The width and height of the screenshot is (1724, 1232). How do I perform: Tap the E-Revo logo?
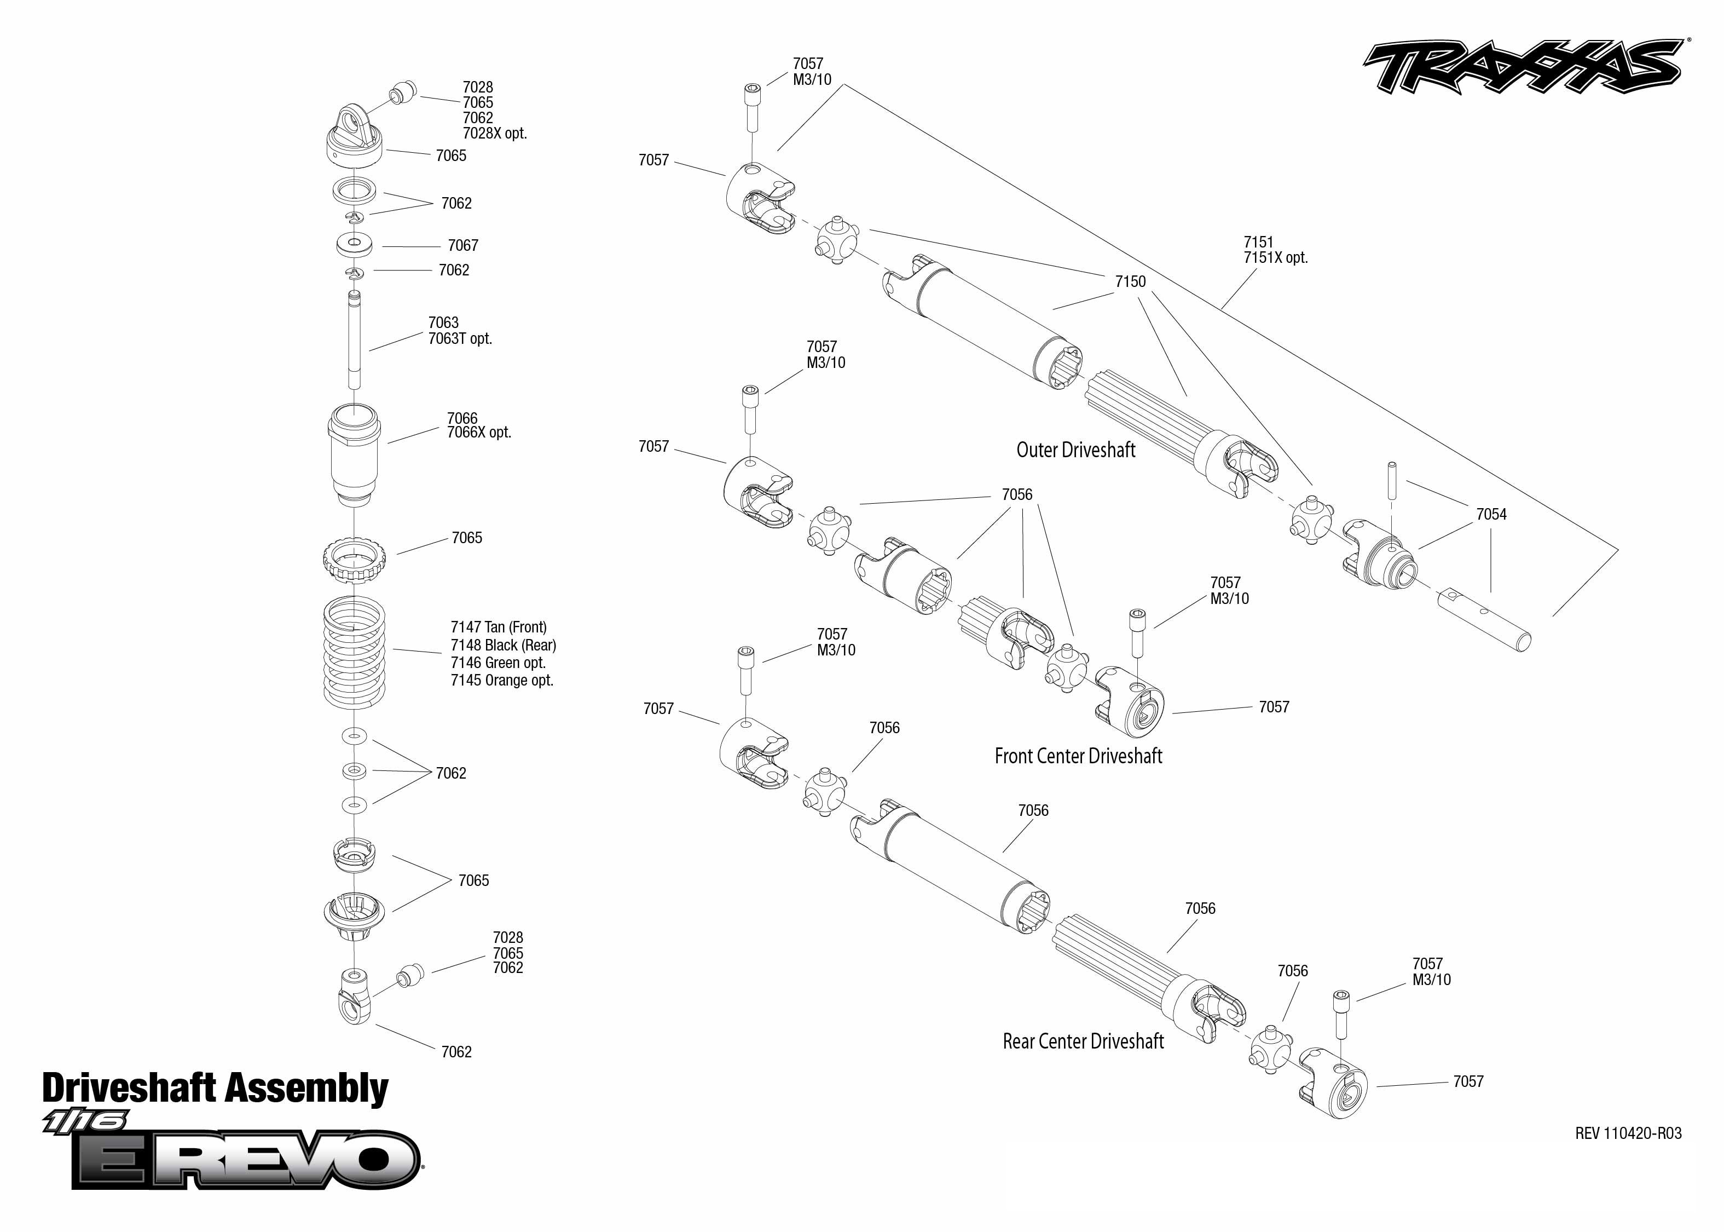pyautogui.click(x=246, y=1159)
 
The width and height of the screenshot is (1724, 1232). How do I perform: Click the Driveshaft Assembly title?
pyautogui.click(x=215, y=1088)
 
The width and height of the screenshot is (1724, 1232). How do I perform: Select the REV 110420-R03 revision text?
pyautogui.click(x=1628, y=1133)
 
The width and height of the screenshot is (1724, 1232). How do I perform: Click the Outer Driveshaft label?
pyautogui.click(x=1075, y=450)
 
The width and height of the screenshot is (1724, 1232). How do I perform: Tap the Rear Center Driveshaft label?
pyautogui.click(x=1083, y=1041)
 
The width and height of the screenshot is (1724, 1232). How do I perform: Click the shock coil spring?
pyautogui.click(x=354, y=653)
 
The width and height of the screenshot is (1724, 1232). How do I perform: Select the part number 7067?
pyautogui.click(x=462, y=245)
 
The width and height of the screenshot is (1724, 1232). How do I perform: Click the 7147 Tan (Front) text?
pyautogui.click(x=498, y=627)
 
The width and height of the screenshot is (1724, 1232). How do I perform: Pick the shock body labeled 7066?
pyautogui.click(x=354, y=455)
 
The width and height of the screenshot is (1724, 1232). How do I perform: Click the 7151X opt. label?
pyautogui.click(x=1275, y=258)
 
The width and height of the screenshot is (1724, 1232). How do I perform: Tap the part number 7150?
pyautogui.click(x=1130, y=281)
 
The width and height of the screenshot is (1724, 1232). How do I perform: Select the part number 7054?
pyautogui.click(x=1490, y=514)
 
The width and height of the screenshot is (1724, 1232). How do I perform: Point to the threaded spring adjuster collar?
pyautogui.click(x=354, y=560)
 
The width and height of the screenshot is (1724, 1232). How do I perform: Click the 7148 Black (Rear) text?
pyautogui.click(x=504, y=646)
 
